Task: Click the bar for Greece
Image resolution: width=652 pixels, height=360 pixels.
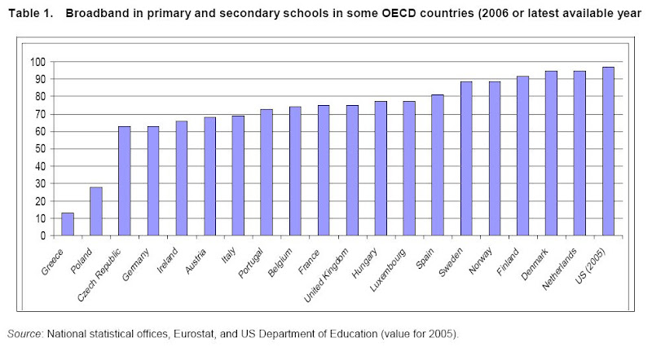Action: click(68, 224)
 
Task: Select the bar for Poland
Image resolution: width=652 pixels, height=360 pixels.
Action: click(96, 211)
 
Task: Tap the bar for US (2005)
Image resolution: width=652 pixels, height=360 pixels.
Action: click(608, 151)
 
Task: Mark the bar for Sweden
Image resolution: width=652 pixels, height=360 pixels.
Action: click(466, 159)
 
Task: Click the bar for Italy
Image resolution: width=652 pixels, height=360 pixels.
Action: click(238, 175)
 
